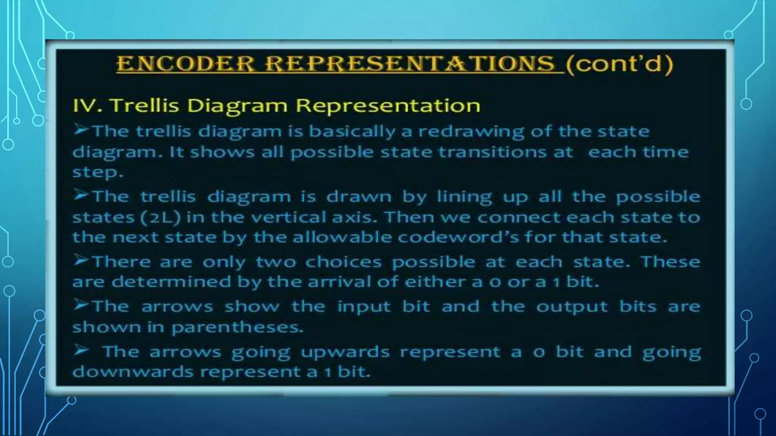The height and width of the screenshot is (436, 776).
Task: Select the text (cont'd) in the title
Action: tap(619, 63)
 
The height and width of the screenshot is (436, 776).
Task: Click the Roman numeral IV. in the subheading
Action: tap(88, 105)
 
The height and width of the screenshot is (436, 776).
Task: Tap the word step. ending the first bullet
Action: tap(98, 172)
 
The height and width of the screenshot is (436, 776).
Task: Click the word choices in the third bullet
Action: tap(343, 262)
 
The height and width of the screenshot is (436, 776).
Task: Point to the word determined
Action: tap(171, 282)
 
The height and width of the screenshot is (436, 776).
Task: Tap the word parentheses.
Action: tap(237, 327)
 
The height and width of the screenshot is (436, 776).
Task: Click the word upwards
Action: tap(345, 352)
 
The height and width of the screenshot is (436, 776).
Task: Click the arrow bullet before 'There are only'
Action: tap(81, 260)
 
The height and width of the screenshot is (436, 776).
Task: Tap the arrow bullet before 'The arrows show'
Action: tap(81, 305)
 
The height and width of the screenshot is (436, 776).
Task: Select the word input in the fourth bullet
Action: tap(364, 307)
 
